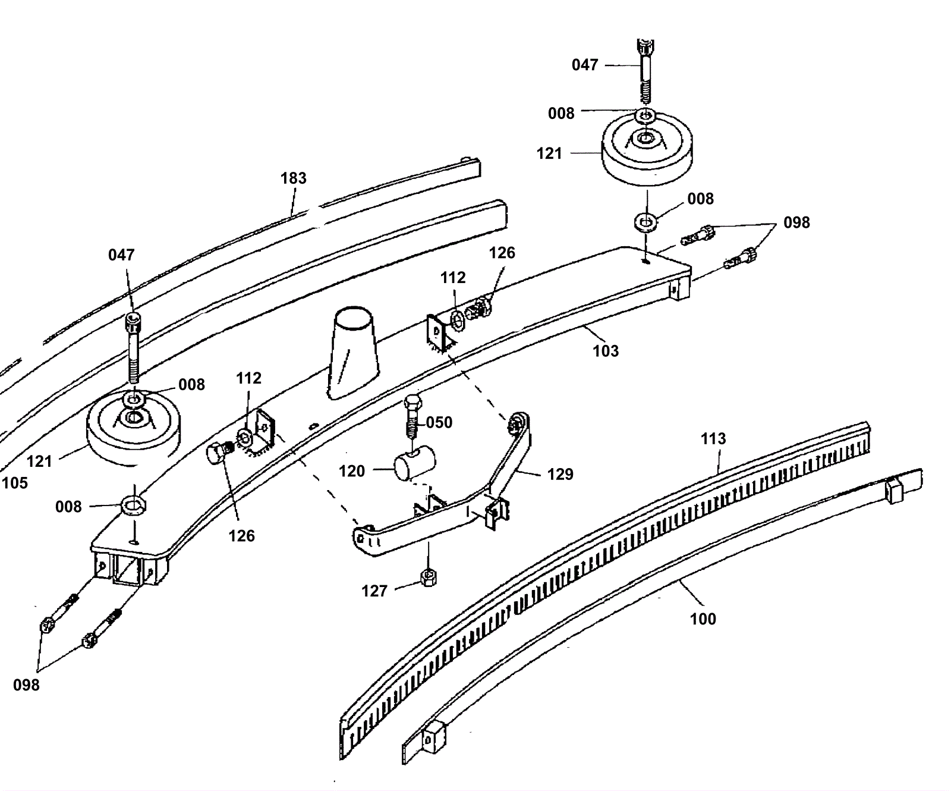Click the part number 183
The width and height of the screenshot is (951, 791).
pyautogui.click(x=294, y=178)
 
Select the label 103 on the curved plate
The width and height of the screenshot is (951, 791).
pyautogui.click(x=606, y=351)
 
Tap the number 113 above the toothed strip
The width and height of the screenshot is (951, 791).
pyautogui.click(x=713, y=439)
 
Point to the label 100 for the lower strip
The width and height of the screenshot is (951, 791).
pyautogui.click(x=703, y=619)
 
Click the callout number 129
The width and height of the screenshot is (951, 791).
pyautogui.click(x=560, y=474)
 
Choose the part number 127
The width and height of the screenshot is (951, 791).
pyautogui.click(x=374, y=591)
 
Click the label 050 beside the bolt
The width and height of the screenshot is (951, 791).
pyautogui.click(x=439, y=422)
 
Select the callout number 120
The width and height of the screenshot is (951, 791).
pyautogui.click(x=352, y=471)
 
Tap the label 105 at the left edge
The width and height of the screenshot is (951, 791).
pyautogui.click(x=14, y=483)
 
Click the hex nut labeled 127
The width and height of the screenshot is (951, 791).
pyautogui.click(x=428, y=576)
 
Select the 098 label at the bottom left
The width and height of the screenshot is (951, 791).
pyautogui.click(x=26, y=685)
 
